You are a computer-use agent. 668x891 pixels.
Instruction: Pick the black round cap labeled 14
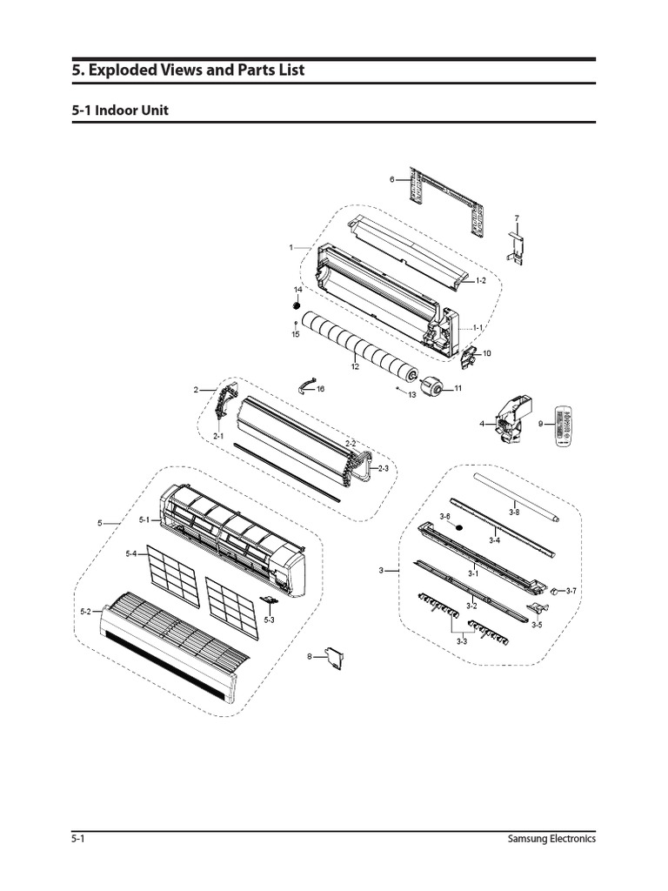point(297,306)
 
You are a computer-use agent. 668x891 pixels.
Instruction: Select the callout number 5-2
point(85,613)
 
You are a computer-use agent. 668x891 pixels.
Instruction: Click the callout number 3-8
point(514,512)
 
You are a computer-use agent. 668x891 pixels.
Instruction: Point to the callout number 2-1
point(219,436)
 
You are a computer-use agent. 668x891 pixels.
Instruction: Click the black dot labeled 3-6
point(459,528)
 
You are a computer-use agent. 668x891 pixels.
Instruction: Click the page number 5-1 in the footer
point(77,840)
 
